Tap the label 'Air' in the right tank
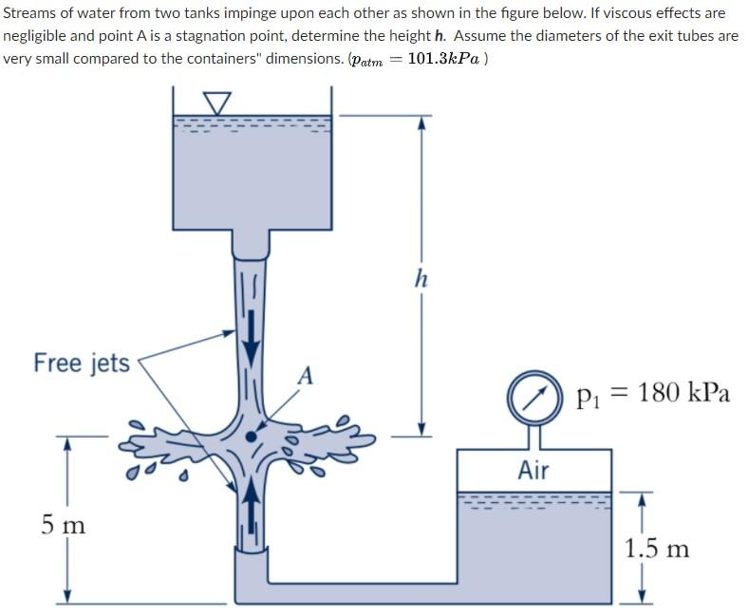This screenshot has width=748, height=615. [533, 469]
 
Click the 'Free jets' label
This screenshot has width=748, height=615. [82, 363]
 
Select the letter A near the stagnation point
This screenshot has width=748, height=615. [305, 376]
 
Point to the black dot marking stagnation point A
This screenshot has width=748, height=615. [251, 436]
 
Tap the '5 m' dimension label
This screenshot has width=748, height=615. [64, 523]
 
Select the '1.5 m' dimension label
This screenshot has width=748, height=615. [657, 548]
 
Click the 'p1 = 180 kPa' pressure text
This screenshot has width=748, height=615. [653, 393]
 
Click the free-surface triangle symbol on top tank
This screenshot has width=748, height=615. [217, 102]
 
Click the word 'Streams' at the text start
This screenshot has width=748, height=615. [30, 13]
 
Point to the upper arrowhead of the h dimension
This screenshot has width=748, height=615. [421, 121]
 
